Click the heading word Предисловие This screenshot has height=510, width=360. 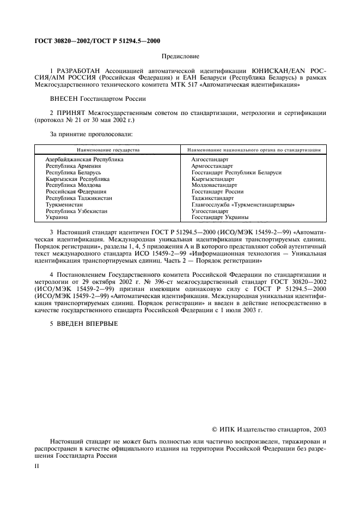(x=180, y=57)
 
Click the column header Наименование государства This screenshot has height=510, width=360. (x=108, y=149)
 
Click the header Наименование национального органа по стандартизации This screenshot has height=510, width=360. (x=254, y=149)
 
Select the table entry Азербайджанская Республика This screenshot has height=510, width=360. (x=84, y=159)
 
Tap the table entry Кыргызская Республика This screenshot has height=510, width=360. (x=78, y=179)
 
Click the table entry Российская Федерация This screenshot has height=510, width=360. (x=76, y=192)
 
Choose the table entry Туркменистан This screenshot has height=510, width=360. (x=64, y=205)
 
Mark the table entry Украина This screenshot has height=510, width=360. (x=57, y=217)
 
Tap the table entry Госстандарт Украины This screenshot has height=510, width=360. (x=219, y=217)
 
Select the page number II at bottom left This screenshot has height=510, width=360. (x=36, y=467)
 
